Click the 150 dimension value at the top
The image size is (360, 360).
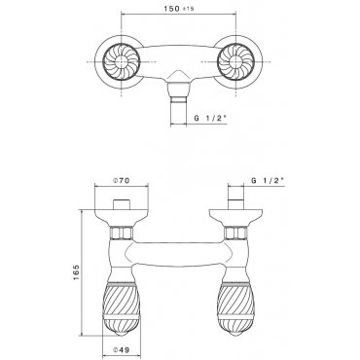pyautogui.click(x=171, y=9)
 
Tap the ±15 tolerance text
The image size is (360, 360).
pyautogui.click(x=188, y=9)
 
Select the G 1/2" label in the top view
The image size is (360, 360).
pyautogui.click(x=210, y=119)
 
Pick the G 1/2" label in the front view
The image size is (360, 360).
pyautogui.click(x=268, y=181)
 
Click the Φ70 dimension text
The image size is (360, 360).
pyautogui.click(x=121, y=181)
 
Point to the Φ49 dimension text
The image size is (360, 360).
pyautogui.click(x=121, y=350)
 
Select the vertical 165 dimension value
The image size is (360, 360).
pyautogui.click(x=76, y=272)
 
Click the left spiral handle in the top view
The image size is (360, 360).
pyautogui.click(x=122, y=61)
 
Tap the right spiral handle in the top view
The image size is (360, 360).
pyautogui.click(x=235, y=61)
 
